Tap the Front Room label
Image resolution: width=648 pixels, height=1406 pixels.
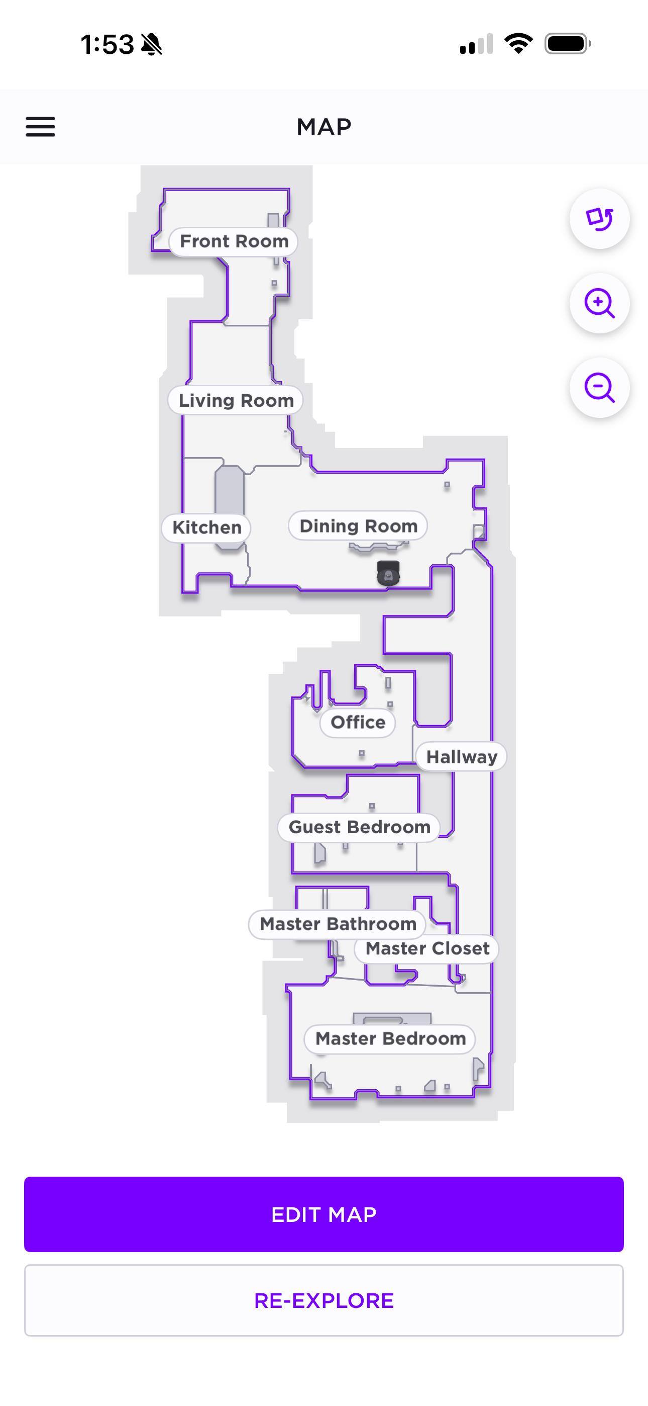234,241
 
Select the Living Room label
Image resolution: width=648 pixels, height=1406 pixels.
236,401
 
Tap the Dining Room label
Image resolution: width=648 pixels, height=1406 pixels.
358,526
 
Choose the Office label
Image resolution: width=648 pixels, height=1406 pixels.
358,723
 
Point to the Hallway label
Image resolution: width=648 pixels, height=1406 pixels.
462,757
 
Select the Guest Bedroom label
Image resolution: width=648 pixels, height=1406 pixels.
360,827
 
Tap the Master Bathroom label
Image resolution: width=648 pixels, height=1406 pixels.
338,924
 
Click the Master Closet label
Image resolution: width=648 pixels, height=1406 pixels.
427,948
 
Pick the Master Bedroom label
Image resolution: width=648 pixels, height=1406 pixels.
390,1039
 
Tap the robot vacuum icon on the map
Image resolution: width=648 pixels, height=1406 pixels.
388,573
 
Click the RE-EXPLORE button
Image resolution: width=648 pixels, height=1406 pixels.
324,1301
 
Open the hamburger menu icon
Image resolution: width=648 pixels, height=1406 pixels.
40,127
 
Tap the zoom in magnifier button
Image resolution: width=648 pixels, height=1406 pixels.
599,303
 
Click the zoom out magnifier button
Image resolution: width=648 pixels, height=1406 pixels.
599,388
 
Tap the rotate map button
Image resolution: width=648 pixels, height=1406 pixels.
599,219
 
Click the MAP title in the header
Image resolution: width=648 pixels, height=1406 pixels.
324,127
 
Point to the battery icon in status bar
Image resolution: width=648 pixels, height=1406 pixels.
568,44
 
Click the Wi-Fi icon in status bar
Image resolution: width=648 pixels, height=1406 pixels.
518,44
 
